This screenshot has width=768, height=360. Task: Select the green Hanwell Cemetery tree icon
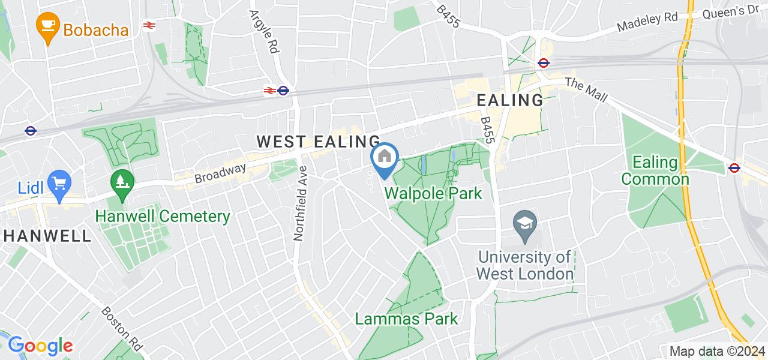[x=122, y=179]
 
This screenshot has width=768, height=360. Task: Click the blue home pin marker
[x=385, y=158]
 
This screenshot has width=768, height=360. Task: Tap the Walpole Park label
[x=433, y=194]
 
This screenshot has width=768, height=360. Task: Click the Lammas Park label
[x=406, y=319]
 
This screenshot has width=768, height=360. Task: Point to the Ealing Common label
[x=655, y=170]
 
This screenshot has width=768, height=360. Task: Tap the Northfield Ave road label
[x=301, y=203]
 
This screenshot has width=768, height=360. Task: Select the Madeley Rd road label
[x=647, y=23]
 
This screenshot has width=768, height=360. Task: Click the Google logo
[x=40, y=346]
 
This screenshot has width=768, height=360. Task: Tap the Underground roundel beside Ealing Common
[x=734, y=167]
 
